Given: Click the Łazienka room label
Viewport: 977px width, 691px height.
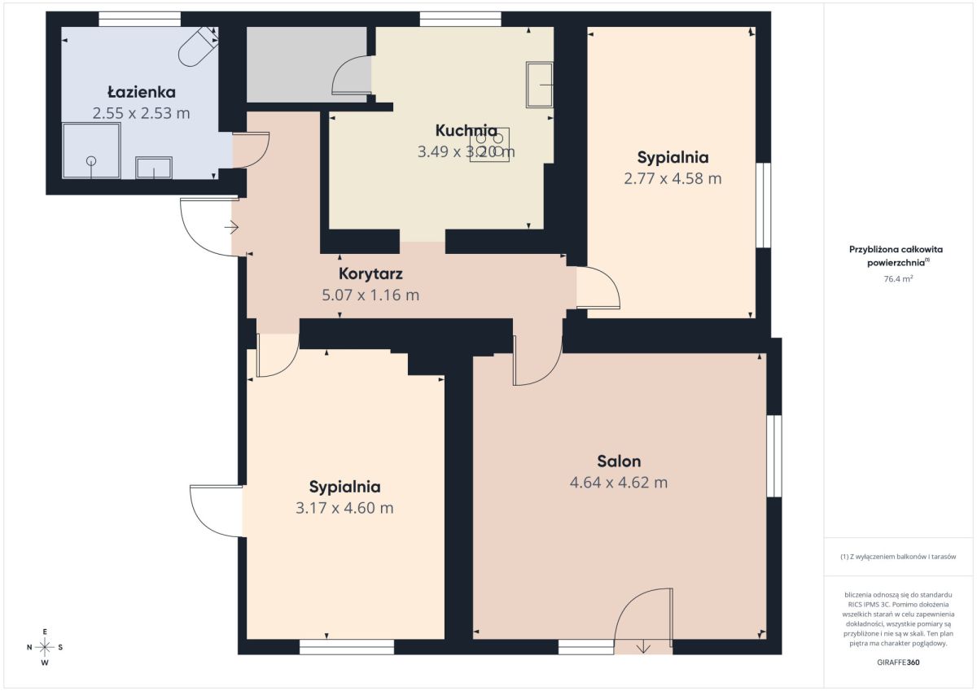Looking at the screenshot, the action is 142,93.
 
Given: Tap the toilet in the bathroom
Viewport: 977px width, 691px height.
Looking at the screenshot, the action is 199,46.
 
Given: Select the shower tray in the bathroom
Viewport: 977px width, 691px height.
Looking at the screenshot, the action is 91,151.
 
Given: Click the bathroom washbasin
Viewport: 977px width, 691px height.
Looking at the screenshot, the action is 154,168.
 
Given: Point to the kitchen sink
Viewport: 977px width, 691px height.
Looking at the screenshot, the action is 540,85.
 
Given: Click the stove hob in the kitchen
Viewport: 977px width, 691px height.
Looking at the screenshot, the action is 489,145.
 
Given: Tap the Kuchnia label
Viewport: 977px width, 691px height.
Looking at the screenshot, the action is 466,130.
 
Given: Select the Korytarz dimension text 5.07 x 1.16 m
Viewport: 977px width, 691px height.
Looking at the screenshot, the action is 370,295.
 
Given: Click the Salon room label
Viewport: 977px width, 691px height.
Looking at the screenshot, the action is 619,461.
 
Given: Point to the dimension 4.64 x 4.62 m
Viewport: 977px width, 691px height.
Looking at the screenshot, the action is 619,483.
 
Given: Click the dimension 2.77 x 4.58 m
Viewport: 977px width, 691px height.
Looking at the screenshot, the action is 673,179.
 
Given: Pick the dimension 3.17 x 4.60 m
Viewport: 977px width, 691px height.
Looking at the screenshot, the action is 344,508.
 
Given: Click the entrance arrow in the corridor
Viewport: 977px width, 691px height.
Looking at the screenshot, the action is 231,227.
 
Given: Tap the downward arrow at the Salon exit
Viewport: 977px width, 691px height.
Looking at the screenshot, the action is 643,647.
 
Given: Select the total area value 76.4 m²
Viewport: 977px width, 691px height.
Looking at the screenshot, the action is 898,279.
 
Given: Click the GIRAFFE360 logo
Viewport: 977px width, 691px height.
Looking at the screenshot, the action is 898,663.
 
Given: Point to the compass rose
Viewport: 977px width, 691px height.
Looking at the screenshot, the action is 45,647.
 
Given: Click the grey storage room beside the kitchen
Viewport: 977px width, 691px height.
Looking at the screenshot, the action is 307,64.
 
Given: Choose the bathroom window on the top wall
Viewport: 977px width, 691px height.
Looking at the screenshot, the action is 139,19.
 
